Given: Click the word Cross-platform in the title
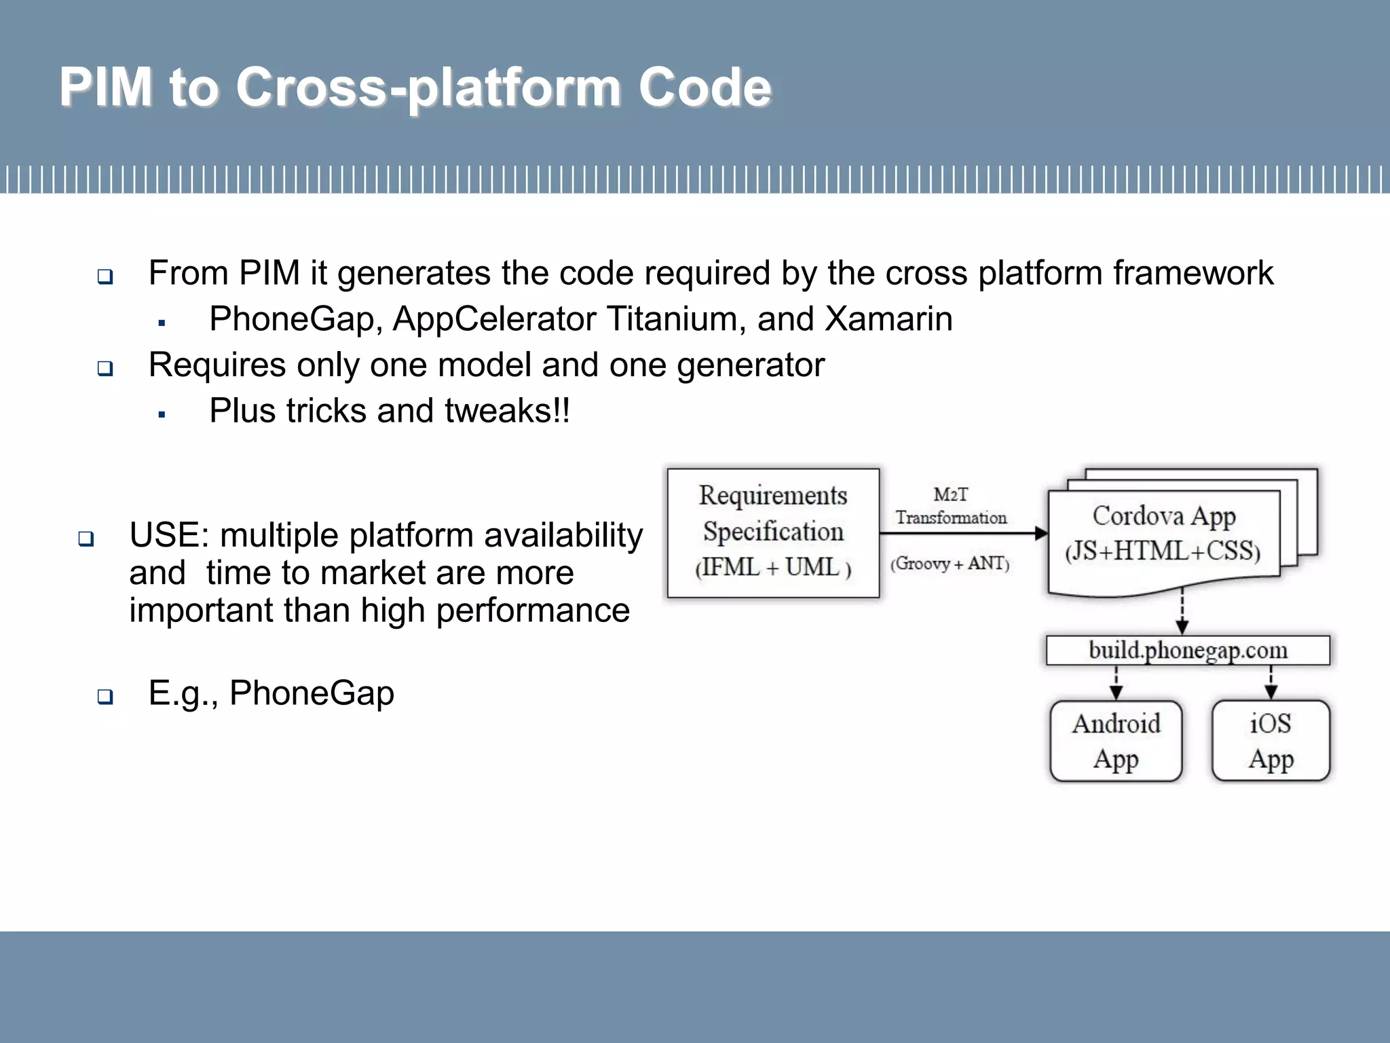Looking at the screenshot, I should coord(428,88).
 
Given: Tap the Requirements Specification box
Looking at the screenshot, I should coord(773,532).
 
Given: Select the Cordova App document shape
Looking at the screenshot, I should coord(1163,536).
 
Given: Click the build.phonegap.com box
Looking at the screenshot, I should coord(1188,651).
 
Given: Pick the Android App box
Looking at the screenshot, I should coord(1116,741).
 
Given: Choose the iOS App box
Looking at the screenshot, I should coord(1271,741).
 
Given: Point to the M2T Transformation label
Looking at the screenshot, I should coord(951,506).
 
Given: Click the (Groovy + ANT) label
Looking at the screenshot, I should coord(950,564).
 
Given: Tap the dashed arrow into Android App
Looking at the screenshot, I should coord(1116,682).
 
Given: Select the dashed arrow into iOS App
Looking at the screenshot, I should coord(1271,682).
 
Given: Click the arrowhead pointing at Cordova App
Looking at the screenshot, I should coord(1041,533).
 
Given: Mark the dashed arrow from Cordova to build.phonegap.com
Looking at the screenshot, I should coord(1182,611).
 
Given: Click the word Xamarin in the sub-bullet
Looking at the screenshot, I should coord(888,319).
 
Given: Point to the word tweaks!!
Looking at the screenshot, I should coord(508,411).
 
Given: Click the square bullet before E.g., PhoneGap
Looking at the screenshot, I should coord(105,696).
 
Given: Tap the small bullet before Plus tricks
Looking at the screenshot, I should coord(162,414).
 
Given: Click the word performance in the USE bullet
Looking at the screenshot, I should coord(532,610).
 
